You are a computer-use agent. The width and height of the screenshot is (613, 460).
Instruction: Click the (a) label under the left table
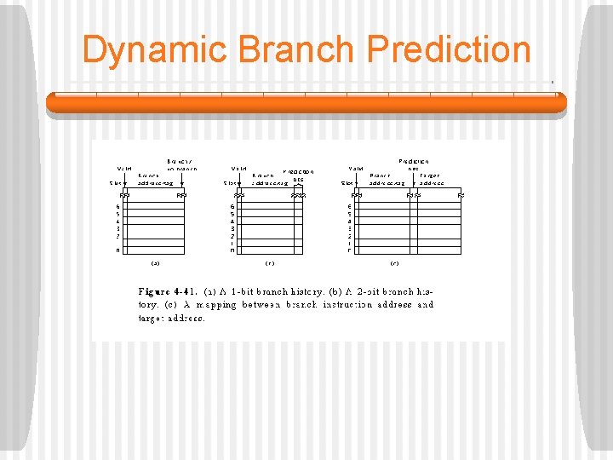(156, 263)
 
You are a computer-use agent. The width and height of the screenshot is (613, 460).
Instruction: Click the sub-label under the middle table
(270, 263)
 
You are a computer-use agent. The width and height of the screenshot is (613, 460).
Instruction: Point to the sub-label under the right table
(395, 263)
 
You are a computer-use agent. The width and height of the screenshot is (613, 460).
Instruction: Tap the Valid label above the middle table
(238, 169)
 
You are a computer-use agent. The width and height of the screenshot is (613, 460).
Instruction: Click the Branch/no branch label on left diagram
(181, 164)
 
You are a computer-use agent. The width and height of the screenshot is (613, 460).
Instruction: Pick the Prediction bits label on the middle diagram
(298, 175)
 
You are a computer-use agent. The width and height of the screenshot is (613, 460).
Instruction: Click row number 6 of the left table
(118, 206)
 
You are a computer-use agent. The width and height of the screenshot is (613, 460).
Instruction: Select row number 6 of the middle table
(232, 206)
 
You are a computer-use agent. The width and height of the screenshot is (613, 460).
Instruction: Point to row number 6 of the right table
(349, 206)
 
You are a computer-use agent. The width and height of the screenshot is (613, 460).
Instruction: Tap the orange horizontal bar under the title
(306, 103)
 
